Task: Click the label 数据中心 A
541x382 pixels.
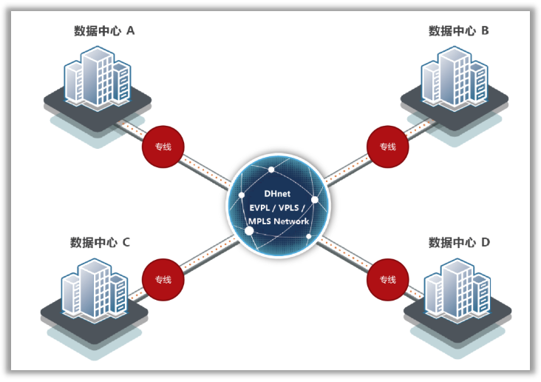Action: click(104, 30)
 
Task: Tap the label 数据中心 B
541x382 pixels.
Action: click(459, 30)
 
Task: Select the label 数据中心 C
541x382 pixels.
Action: click(101, 242)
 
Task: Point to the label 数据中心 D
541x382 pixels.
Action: click(459, 242)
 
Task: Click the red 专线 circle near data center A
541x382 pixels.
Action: click(163, 147)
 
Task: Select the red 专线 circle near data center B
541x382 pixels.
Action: click(387, 147)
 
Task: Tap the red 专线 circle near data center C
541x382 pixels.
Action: click(163, 279)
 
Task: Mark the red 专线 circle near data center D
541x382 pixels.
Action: click(387, 279)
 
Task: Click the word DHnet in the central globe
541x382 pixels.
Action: click(277, 194)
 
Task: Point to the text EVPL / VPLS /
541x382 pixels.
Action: click(277, 207)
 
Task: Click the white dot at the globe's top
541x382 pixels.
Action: click(271, 170)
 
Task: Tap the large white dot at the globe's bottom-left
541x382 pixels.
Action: click(249, 231)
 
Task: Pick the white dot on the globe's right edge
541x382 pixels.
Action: click(315, 199)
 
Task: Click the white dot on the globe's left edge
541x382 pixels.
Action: click(241, 195)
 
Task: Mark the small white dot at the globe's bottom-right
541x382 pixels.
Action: click(309, 236)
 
